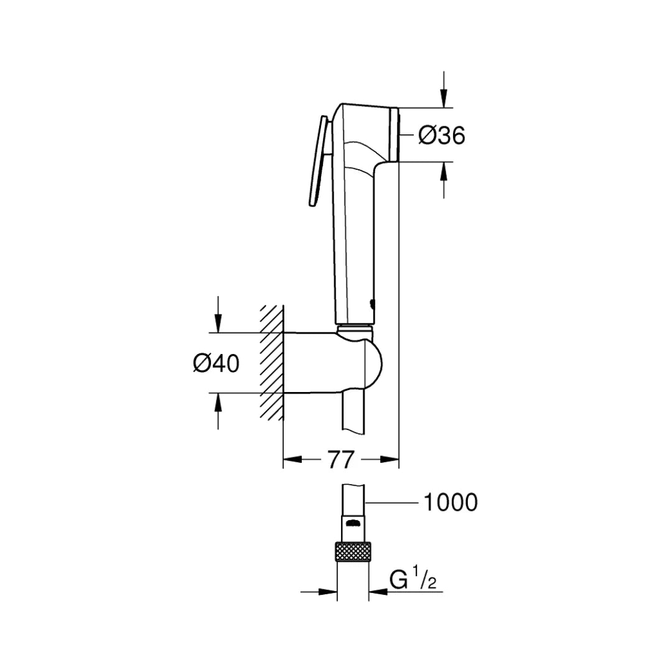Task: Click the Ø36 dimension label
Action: click(442, 135)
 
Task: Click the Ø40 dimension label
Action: click(216, 363)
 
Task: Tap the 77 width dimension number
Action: click(340, 460)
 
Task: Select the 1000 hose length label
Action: click(450, 502)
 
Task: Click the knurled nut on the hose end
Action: click(353, 552)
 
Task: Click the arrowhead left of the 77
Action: click(292, 460)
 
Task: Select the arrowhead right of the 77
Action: click(390, 460)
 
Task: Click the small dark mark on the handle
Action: click(371, 304)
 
